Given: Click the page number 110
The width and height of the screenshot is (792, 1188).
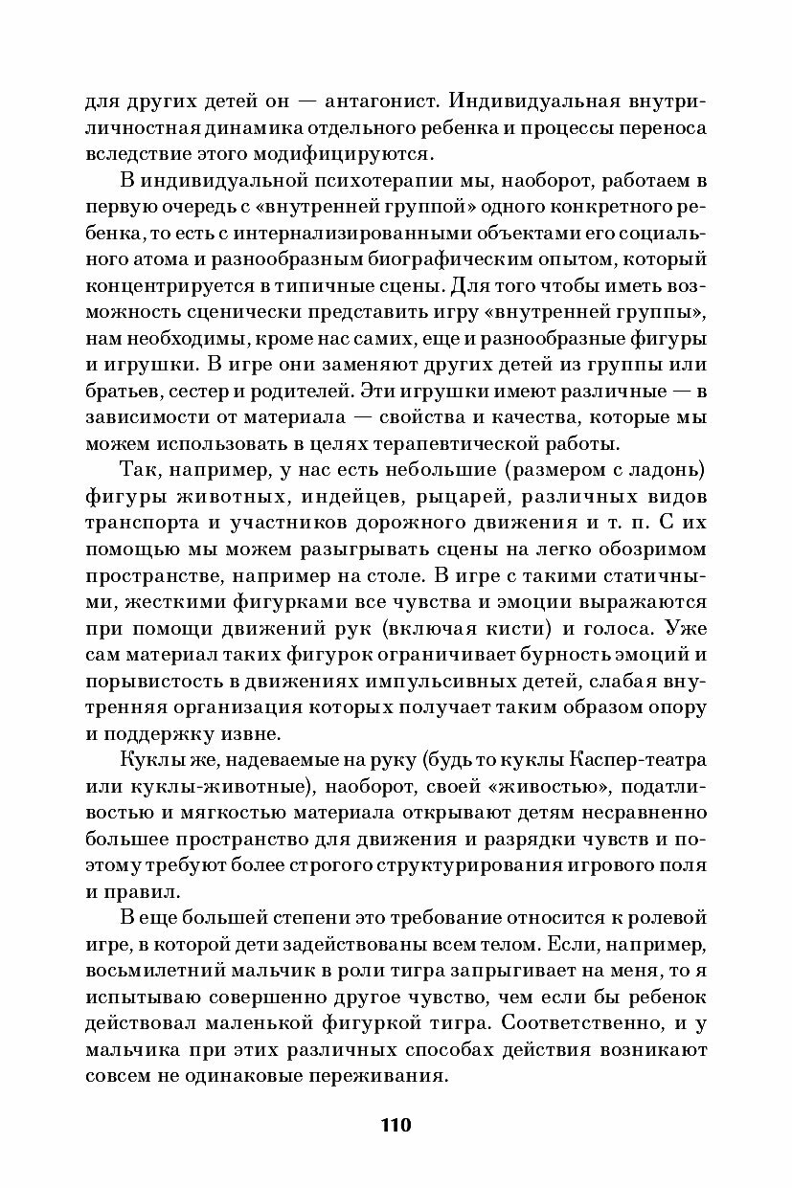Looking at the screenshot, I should [x=395, y=1125].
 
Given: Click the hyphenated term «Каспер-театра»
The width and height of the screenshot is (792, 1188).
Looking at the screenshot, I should [x=631, y=760].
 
